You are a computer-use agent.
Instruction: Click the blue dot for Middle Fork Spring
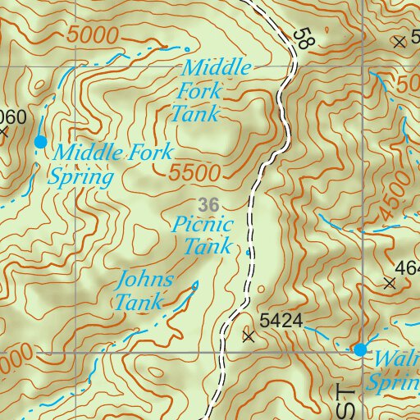[x=40, y=142]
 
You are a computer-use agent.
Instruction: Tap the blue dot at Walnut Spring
[x=359, y=350]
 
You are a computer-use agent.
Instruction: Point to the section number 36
[x=208, y=203]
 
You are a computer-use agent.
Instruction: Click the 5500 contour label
[x=198, y=172]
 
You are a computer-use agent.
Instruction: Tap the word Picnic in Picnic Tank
[x=203, y=224]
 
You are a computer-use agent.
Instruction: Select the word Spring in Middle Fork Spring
[x=80, y=176]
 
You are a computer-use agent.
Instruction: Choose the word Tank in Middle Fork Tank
[x=195, y=113]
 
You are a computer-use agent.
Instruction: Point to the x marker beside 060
[x=3, y=131]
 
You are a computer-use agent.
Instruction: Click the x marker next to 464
[x=389, y=283]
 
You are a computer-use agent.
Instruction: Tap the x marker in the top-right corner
[x=399, y=41]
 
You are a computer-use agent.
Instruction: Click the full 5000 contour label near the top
[x=95, y=35]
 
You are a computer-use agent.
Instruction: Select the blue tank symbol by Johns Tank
[x=195, y=285]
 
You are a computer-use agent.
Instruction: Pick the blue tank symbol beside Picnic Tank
[x=248, y=253]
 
